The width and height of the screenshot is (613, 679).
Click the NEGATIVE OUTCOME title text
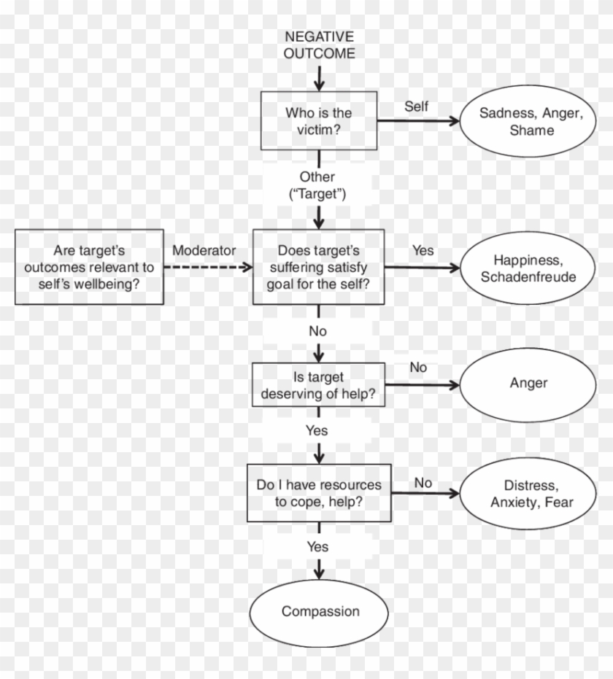tap(319, 44)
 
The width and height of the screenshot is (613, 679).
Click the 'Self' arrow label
tap(416, 106)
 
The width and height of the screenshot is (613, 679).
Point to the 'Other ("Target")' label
tap(317, 186)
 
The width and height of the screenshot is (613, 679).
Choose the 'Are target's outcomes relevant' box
tap(88, 267)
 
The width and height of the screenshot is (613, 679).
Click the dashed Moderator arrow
tap(208, 268)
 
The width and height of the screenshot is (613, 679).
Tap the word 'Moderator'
tap(204, 250)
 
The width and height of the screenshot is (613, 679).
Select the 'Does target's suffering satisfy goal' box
tap(317, 267)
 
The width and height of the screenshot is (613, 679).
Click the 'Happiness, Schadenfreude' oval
tap(528, 268)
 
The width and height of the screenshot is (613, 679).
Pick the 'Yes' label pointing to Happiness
tap(423, 250)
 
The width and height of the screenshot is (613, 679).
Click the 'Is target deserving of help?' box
tap(317, 386)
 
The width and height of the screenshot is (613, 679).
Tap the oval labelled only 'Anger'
tap(528, 384)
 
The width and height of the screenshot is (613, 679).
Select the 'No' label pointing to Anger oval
tap(418, 368)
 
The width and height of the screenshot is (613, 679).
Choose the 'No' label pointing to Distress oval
tap(423, 483)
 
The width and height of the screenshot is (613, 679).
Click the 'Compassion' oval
tap(320, 611)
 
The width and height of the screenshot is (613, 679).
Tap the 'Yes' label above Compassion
tap(317, 547)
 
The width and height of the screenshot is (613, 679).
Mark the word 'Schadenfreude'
tap(528, 276)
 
